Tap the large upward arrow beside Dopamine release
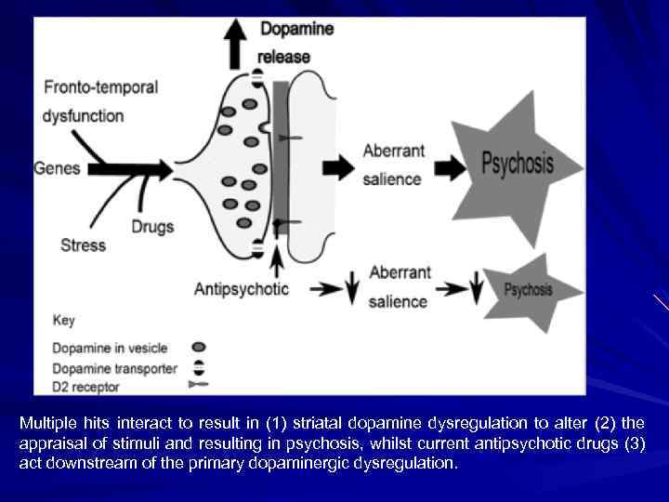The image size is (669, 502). pos(237,41)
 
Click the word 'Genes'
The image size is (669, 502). pos(58,169)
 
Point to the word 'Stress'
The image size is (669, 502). pos(83,245)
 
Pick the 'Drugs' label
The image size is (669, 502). pos(152,227)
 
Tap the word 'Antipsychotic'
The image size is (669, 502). pos(242,289)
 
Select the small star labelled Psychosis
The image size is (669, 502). pos(529,290)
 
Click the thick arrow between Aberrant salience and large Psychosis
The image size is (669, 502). pos(453,168)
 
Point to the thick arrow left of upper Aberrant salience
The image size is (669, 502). pos(345,167)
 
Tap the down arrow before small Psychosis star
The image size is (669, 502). pos(477,288)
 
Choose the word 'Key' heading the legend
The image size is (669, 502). pos(64,321)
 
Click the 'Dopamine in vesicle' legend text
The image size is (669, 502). pos(110,348)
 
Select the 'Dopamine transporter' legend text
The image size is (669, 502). pos(114,368)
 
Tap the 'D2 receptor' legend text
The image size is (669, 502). pos(86,385)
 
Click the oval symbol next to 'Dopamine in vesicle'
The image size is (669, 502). pos(198,348)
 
